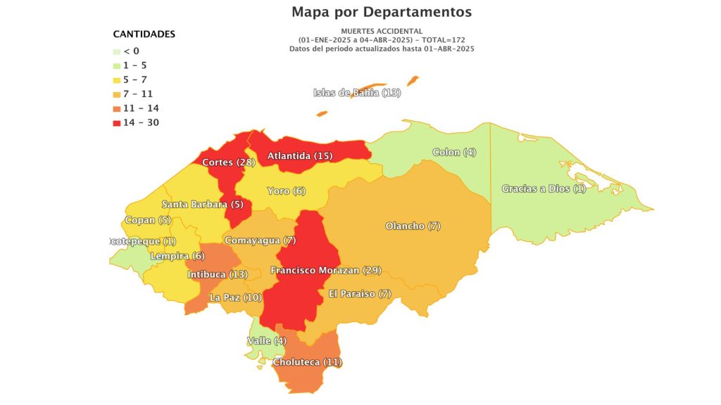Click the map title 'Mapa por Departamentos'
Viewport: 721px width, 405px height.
[382, 12]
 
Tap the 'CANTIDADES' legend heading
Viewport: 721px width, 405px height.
[144, 34]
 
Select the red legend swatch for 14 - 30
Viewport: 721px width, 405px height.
[117, 123]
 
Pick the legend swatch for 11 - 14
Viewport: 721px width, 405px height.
[117, 108]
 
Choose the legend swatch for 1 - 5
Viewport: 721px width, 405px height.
[117, 65]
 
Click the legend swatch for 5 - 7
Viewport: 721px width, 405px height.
[117, 79]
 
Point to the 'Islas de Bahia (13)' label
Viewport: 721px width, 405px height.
[357, 93]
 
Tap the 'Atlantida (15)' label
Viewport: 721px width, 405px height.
[299, 155]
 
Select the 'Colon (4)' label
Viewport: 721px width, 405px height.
[454, 152]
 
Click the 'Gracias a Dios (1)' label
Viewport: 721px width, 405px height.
[544, 188]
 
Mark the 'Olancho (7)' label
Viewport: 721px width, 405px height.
[413, 226]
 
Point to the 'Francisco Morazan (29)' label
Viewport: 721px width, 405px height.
[326, 270]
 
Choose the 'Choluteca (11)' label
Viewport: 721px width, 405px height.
[306, 362]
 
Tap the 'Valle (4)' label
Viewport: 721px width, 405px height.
[267, 341]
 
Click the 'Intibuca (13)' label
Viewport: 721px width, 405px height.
[218, 274]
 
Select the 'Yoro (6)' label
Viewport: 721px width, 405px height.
[287, 191]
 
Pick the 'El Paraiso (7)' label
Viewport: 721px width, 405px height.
[360, 294]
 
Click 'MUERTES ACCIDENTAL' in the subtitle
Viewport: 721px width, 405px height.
[382, 31]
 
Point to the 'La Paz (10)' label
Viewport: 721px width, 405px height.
[236, 297]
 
